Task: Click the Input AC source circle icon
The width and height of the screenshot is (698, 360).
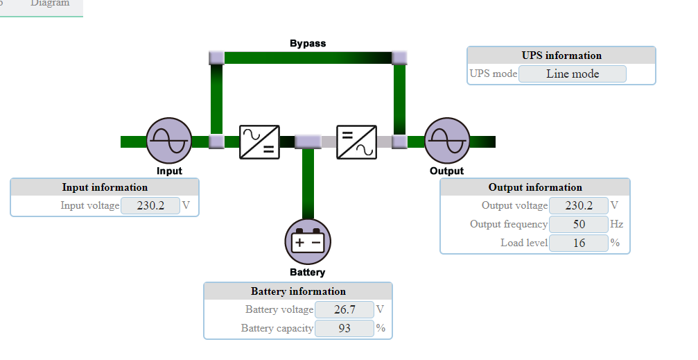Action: (x=169, y=141)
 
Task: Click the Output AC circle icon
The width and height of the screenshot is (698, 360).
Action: (x=447, y=141)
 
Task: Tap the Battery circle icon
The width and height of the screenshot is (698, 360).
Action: (x=308, y=242)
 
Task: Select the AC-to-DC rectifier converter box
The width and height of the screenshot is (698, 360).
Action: (x=259, y=142)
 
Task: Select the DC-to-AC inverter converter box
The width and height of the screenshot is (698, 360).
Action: (x=356, y=142)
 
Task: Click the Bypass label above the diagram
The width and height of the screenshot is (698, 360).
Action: (x=308, y=43)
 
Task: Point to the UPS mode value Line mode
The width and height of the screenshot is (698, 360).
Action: (x=573, y=74)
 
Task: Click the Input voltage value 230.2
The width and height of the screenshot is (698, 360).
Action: (x=150, y=206)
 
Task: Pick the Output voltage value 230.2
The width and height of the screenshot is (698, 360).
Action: (x=579, y=206)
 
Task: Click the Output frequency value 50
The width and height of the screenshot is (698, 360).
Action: (x=579, y=224)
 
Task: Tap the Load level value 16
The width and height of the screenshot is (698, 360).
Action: (x=579, y=243)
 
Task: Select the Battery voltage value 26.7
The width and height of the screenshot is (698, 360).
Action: (x=344, y=309)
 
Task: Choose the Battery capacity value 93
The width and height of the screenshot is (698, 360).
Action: (x=344, y=328)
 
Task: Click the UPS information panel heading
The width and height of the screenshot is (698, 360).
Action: (x=561, y=55)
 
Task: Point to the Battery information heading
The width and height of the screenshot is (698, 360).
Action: (x=298, y=291)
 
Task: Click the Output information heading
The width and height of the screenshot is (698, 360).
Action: (x=535, y=187)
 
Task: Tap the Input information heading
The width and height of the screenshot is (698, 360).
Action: (x=105, y=187)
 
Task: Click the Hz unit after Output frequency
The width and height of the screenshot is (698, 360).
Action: (x=616, y=224)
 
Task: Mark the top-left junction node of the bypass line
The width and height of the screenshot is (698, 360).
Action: (x=217, y=58)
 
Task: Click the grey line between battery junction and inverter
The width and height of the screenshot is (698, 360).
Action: (x=329, y=142)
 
